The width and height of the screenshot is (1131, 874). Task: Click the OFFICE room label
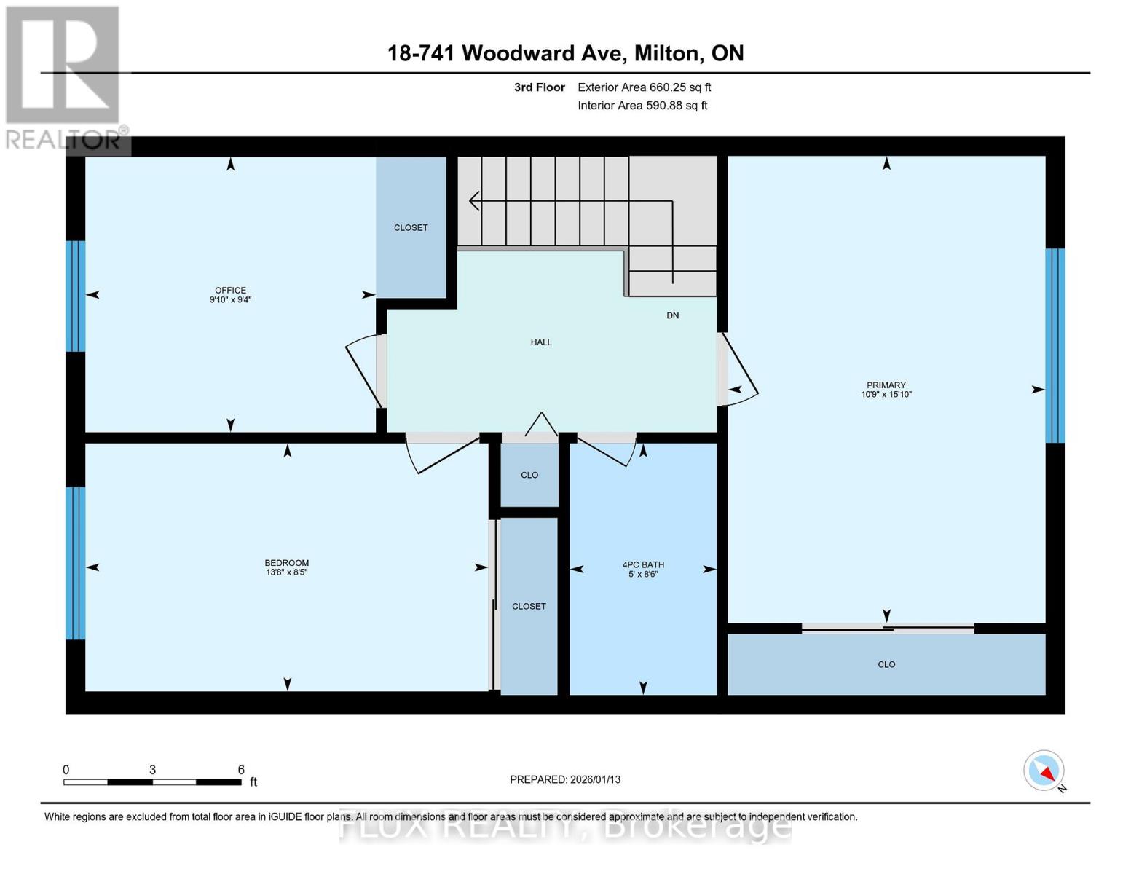(230, 290)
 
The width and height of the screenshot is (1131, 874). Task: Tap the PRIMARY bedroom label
(886, 385)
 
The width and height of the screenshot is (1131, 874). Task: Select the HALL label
(541, 342)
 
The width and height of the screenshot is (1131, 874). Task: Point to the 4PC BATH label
(643, 564)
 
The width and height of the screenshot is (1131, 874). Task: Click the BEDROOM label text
(287, 563)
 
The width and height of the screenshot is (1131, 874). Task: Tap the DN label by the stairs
(672, 315)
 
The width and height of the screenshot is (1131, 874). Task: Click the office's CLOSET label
(411, 227)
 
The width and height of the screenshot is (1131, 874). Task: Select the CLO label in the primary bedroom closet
(886, 664)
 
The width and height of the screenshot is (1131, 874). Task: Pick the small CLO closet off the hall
(529, 475)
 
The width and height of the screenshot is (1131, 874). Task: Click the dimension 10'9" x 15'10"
(886, 395)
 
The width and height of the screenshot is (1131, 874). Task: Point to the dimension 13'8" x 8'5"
(287, 572)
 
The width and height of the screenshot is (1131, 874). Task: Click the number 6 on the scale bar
(241, 769)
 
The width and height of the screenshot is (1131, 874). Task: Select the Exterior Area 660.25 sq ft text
(644, 87)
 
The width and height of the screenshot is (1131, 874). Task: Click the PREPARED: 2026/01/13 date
(564, 779)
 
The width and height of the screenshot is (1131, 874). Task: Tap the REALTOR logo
(64, 78)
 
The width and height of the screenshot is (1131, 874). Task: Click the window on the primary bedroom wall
(1055, 346)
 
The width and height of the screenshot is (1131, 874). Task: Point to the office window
(76, 296)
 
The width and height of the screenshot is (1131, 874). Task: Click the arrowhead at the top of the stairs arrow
(473, 201)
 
